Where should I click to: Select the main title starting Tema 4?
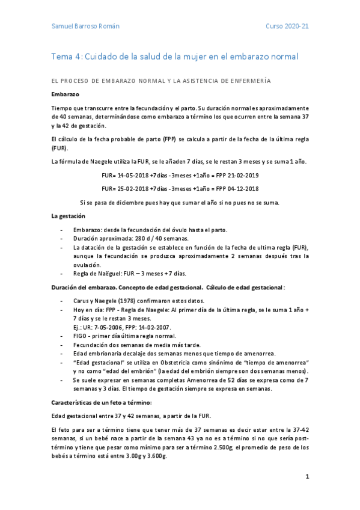click(174, 57)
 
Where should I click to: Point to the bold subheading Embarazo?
click(66, 94)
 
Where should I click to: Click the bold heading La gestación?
click(68, 215)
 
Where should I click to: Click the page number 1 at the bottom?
click(307, 477)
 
